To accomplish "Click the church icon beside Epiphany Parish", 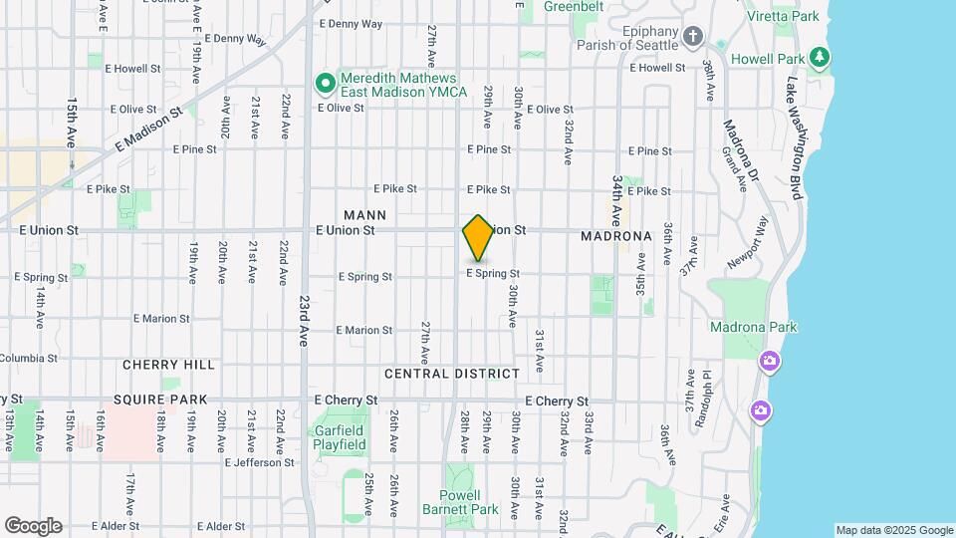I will pyautogui.click(x=694, y=38).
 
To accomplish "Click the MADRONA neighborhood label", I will pyautogui.click(x=615, y=236).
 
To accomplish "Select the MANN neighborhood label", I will pyautogui.click(x=364, y=214).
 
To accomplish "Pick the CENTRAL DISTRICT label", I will pyautogui.click(x=452, y=374).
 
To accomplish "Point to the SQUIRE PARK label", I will pyautogui.click(x=159, y=400).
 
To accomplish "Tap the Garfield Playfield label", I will pyautogui.click(x=341, y=437).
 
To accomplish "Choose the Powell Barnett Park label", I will pyautogui.click(x=468, y=502).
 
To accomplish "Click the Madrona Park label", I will pyautogui.click(x=753, y=327).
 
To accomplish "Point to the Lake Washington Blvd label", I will pyautogui.click(x=794, y=139).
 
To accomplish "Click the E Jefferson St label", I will pyautogui.click(x=260, y=462).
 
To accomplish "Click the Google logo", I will pyautogui.click(x=33, y=525).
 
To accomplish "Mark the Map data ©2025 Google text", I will pyautogui.click(x=893, y=530).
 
